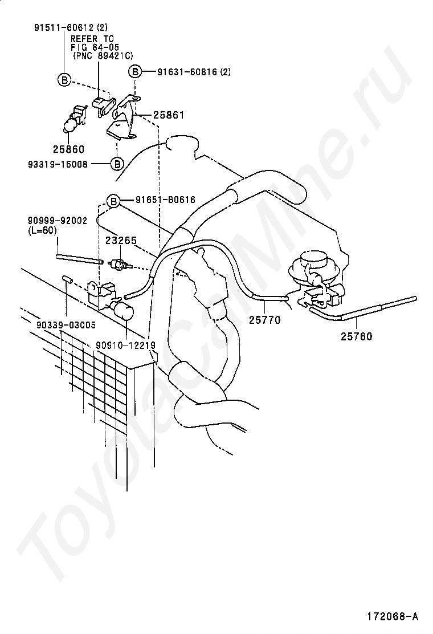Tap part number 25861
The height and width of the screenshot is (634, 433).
click(168, 115)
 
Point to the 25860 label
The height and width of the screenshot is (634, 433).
click(68, 149)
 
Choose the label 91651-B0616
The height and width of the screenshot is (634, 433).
click(165, 200)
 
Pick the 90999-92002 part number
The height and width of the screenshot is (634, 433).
click(57, 221)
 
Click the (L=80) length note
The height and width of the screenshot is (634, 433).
click(42, 230)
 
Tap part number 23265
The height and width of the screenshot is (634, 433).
click(121, 240)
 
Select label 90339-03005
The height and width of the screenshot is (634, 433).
click(65, 325)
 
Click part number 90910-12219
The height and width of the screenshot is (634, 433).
click(125, 345)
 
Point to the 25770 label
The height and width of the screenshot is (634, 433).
click(264, 320)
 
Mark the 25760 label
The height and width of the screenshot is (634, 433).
click(356, 336)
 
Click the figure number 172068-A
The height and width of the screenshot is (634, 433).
click(393, 616)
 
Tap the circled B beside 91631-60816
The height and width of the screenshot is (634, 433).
click(134, 72)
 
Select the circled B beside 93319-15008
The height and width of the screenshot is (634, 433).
click(116, 164)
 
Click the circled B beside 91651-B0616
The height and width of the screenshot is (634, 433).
click(113, 201)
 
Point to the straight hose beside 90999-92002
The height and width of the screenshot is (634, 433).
click(80, 259)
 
